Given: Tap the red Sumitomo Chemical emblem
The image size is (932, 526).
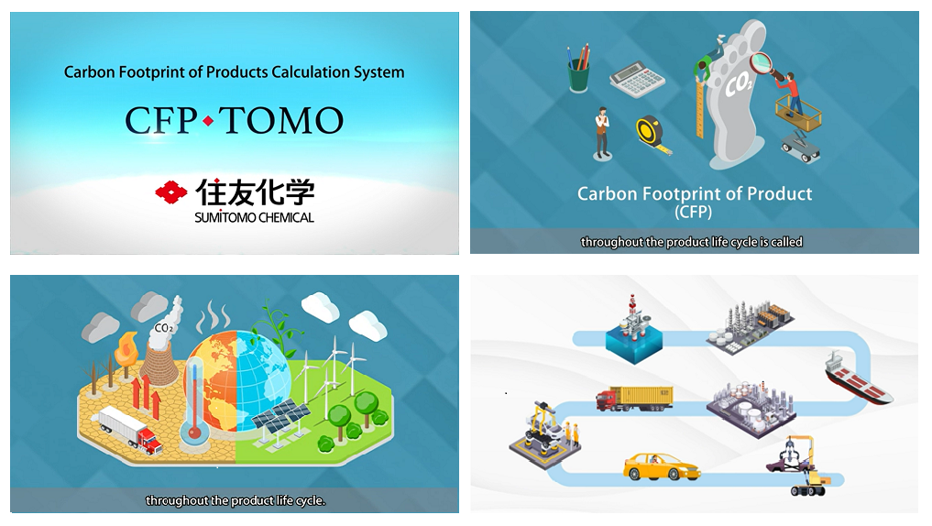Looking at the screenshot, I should pos(170,192).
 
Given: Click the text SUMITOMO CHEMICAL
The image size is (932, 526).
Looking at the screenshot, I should pos(254,218).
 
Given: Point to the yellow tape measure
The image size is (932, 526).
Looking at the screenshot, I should pos(653,134).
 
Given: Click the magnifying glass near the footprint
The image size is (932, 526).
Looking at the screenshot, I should pos(763,64).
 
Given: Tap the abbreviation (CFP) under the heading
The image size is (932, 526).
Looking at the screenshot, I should pos(694,213).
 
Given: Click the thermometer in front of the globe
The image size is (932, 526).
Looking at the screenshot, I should pos(193,403).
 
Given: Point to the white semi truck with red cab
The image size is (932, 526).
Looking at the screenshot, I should pos(128,429).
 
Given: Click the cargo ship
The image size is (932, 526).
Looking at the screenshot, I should pos(857,378).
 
